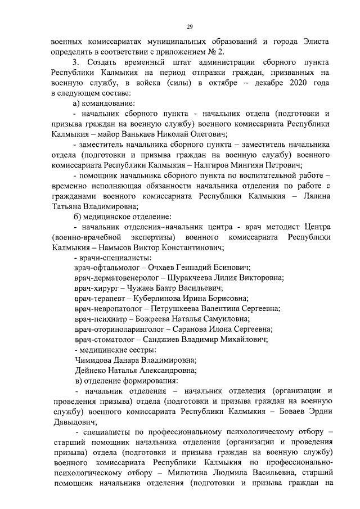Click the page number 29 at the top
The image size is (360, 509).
pos(190,26)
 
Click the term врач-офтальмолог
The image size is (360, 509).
pos(105,268)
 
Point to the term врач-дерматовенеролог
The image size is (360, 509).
pos(116,278)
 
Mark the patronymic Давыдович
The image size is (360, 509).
pos(73,422)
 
